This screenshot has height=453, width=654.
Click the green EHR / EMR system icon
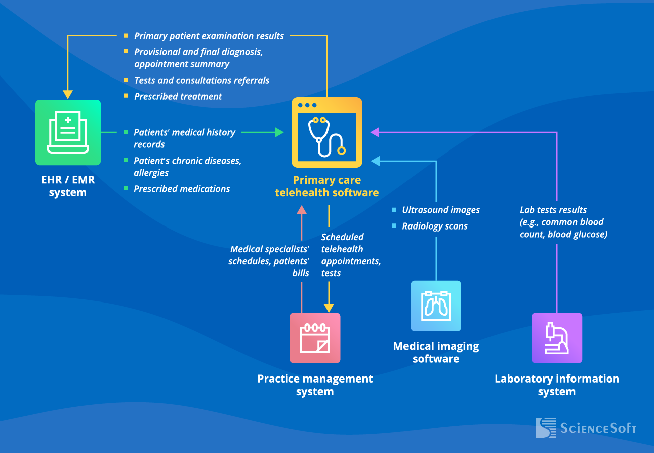click(68, 132)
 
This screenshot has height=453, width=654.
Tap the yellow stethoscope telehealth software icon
click(327, 132)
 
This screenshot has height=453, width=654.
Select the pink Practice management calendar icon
click(315, 338)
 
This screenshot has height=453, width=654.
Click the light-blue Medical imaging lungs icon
click(436, 306)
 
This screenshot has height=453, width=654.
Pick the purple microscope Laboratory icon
click(557, 338)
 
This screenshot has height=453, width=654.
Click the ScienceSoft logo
click(586, 428)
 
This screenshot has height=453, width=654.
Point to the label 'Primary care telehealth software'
click(327, 186)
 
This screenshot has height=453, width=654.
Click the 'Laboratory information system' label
click(557, 385)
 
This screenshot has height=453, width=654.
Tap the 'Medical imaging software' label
click(436, 352)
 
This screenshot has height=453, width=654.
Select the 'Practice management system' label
click(315, 385)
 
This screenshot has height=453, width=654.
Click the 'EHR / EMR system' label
click(68, 186)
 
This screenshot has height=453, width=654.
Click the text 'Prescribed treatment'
click(178, 96)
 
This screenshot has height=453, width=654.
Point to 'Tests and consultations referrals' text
click(202, 80)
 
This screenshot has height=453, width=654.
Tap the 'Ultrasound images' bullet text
click(441, 210)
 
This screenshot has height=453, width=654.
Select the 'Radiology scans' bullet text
click(435, 226)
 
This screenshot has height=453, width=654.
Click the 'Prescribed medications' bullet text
click(182, 189)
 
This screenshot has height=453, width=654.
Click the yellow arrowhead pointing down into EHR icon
click(68, 95)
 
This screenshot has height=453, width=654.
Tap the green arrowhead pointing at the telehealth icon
click(279, 132)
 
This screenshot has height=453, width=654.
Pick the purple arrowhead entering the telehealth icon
click(375, 132)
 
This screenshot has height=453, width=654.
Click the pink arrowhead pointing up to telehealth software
click(302, 209)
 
